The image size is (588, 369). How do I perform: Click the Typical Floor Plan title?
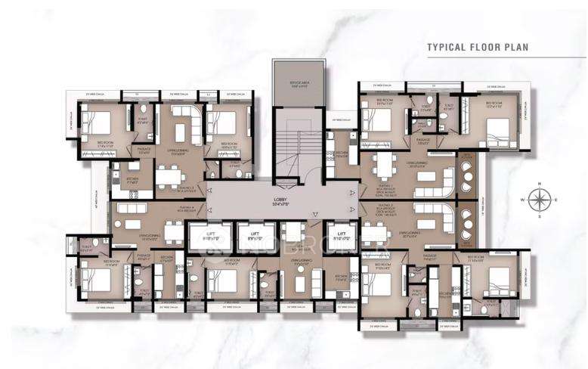(x=478, y=46)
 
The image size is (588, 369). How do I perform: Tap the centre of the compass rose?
(x=539, y=200)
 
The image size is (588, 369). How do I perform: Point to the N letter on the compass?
(x=539, y=184)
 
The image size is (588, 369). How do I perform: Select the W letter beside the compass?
(x=524, y=200)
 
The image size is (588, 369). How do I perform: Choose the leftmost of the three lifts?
(x=209, y=237)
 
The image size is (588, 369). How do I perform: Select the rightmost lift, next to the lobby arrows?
(x=341, y=237)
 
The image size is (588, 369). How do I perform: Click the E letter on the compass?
(x=556, y=200)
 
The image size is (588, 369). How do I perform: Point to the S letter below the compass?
(x=539, y=216)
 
